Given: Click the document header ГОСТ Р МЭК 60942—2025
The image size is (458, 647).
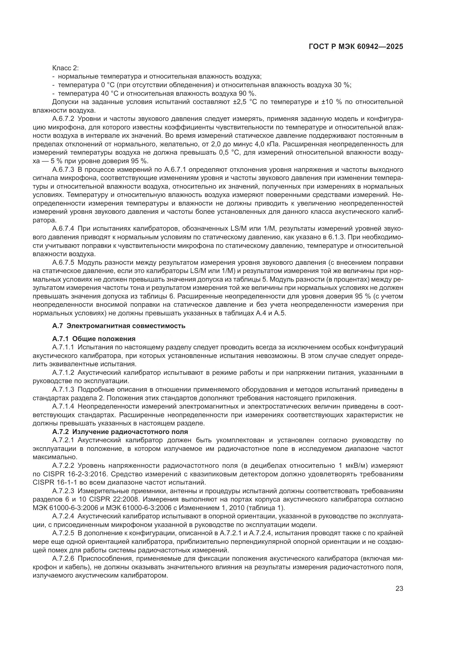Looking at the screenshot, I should point(356,46).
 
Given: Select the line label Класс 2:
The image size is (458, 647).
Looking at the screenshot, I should point(65,68).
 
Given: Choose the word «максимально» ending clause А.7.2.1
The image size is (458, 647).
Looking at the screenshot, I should point(55,457).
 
